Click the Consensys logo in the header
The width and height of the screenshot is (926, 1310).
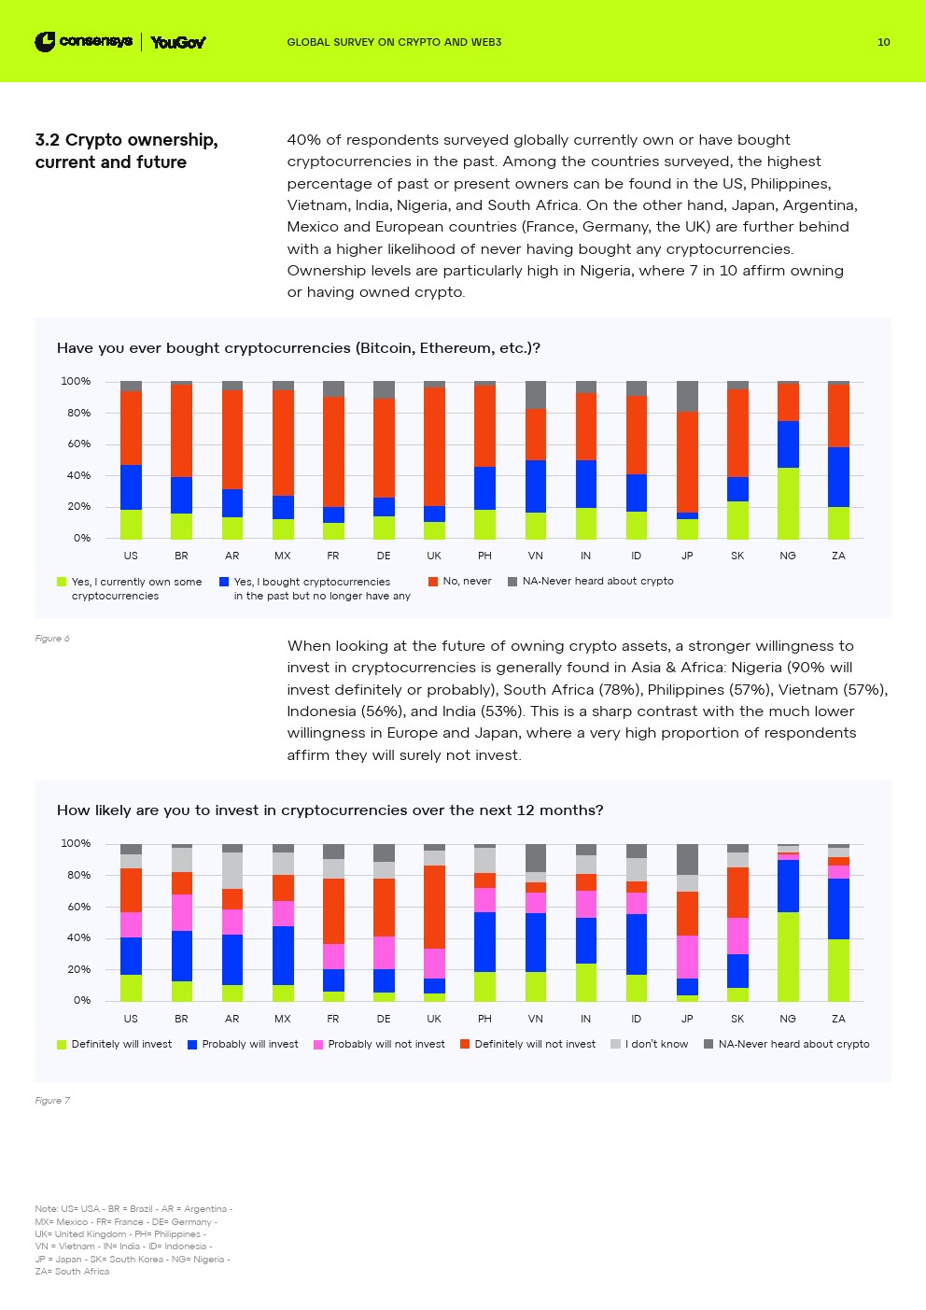tap(83, 41)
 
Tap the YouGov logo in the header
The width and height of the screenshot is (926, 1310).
tap(177, 42)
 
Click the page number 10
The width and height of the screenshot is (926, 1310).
tap(883, 42)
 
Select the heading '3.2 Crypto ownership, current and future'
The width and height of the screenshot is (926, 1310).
tap(126, 150)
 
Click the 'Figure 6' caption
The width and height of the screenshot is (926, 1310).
tap(52, 639)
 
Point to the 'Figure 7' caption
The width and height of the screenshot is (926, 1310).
tap(52, 1101)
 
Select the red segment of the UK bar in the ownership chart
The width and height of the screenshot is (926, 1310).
tap(434, 446)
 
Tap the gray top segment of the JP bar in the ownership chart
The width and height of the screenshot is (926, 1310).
tap(687, 396)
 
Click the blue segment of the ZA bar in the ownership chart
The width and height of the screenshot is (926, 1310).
tap(838, 476)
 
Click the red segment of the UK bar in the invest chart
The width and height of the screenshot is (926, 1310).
tap(434, 907)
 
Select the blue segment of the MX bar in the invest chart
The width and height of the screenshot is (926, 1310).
tap(283, 955)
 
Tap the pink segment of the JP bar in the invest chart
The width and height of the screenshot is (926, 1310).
tap(687, 956)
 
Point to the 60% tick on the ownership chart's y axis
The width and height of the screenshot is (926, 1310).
tap(77, 444)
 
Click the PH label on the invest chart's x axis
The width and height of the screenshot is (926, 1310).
tap(484, 1019)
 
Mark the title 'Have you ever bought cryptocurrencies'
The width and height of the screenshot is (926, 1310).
tap(299, 348)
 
